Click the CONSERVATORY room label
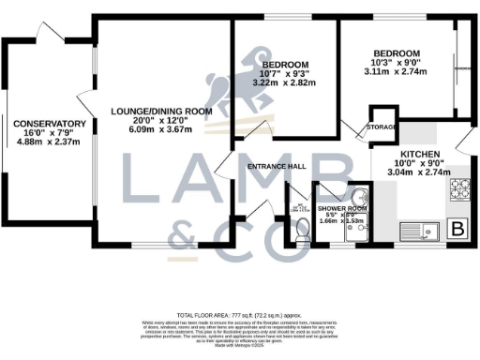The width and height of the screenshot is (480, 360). click(51, 124)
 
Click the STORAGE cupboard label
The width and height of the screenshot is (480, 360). click(381, 126)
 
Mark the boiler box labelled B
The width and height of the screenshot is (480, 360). click(458, 229)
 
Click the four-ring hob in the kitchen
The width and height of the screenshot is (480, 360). click(458, 190)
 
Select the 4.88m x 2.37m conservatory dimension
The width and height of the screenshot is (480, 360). click(51, 142)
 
